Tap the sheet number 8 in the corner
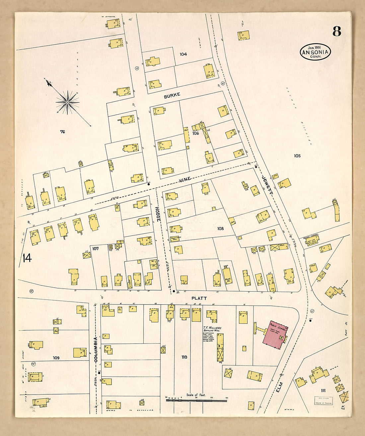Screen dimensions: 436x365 coord(336,31)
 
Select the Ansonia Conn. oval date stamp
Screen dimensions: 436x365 coord(315,52)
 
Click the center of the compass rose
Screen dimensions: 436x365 coord(67,102)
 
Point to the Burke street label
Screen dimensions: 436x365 coord(172,95)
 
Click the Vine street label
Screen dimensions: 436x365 coord(185,180)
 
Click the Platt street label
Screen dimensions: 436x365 coord(199,298)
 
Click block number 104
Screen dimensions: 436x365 coord(183,54)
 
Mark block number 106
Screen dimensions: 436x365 coord(195,133)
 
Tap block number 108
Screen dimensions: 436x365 coord(220,229)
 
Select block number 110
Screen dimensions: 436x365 coord(184,357)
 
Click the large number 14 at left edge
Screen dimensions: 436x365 coord(27,258)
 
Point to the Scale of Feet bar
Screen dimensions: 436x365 coord(196,401)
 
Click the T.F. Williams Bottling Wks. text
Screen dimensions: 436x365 coord(212,329)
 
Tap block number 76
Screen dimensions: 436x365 coord(62,132)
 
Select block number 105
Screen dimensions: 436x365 coord(297,156)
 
